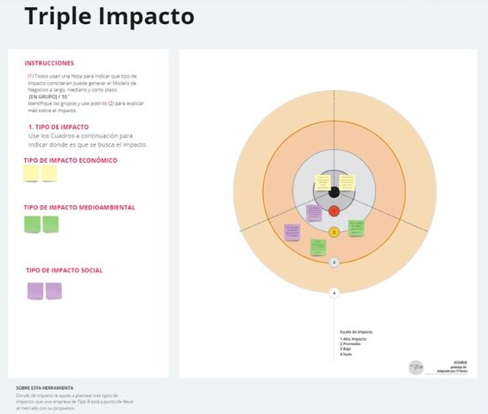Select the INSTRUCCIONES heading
(49, 63)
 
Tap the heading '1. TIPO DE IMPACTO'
(59, 127)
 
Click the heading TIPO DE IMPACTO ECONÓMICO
(71, 160)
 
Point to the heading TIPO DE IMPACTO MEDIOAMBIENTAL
(79, 208)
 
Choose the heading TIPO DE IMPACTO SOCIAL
(65, 271)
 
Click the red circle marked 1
(335, 209)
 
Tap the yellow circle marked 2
(335, 232)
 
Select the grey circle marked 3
(335, 261)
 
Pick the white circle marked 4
(335, 293)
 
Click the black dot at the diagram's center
(335, 189)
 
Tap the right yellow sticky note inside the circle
(347, 183)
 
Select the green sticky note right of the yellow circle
(356, 228)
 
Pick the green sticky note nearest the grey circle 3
(318, 248)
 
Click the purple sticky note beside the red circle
(314, 212)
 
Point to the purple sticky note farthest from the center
(292, 232)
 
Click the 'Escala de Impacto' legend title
(356, 331)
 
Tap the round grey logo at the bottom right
(416, 367)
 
